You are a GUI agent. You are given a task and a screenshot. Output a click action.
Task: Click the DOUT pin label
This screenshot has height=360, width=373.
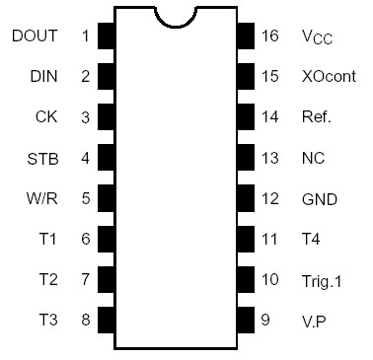click(36, 36)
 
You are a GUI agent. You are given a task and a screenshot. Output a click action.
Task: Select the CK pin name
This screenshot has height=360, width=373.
click(46, 117)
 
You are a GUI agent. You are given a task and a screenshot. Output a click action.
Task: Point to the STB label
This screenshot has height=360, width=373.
click(42, 158)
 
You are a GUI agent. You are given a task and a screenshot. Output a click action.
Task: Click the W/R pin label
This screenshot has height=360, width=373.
click(42, 198)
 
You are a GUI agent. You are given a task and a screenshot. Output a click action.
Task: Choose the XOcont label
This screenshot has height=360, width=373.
click(329, 77)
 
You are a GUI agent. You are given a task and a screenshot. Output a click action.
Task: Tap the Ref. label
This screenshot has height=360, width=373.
click(317, 117)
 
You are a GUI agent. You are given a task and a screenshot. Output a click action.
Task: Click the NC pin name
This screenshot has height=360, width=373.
click(313, 158)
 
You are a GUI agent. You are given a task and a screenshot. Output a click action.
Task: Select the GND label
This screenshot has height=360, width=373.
click(319, 198)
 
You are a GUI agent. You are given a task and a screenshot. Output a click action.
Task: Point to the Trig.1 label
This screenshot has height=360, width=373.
click(321, 279)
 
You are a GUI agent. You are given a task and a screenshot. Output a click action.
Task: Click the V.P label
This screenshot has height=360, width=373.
click(315, 320)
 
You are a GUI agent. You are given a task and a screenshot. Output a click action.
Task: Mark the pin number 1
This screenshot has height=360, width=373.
click(85, 36)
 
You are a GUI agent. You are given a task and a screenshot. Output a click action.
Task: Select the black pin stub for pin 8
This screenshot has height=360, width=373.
click(106, 320)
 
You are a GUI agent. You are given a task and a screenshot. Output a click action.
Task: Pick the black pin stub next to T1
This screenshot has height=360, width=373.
click(106, 239)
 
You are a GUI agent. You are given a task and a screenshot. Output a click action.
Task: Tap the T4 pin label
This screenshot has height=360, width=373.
click(311, 239)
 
